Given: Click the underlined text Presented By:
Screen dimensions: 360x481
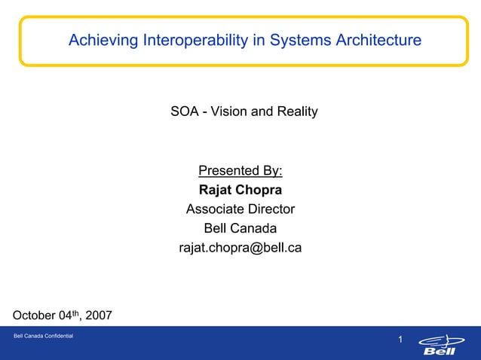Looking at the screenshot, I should click(x=240, y=171).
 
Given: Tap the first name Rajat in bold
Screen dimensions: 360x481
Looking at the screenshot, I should click(x=216, y=190).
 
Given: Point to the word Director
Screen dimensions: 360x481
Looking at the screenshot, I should click(x=269, y=209).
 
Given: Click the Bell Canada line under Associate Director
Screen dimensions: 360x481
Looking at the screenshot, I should click(x=240, y=228).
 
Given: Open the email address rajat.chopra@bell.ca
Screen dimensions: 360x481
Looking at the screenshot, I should click(x=240, y=248).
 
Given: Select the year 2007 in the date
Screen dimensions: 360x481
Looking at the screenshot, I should click(x=97, y=315).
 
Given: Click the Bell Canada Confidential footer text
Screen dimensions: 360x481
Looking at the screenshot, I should click(x=43, y=335).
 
